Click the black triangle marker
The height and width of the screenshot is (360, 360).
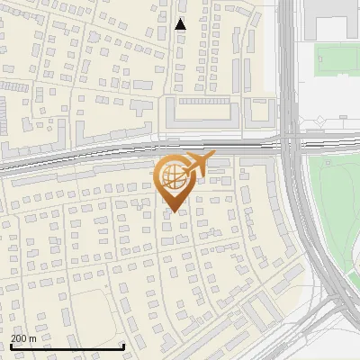[181, 24]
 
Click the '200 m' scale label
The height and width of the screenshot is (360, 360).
[23, 338]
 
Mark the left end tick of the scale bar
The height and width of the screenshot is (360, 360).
[11, 346]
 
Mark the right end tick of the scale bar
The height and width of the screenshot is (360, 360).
[123, 346]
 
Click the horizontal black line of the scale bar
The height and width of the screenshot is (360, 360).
[67, 347]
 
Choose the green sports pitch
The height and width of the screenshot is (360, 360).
[337, 60]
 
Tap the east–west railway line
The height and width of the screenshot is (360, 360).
[90, 157]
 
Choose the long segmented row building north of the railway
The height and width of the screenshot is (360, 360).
[203, 112]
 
